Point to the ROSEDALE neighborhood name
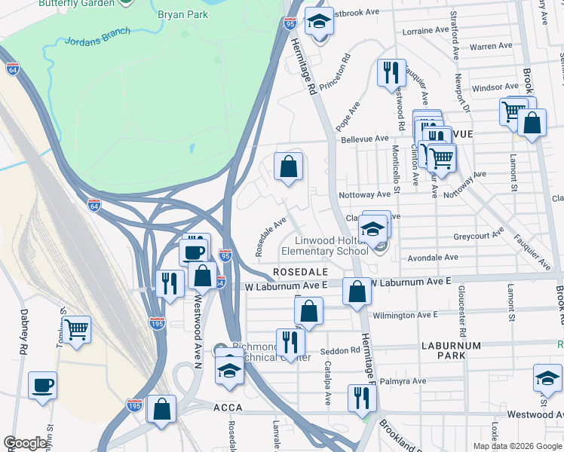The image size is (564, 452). (300, 271)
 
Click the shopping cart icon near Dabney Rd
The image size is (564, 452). (76, 328)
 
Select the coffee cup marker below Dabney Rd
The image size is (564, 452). (42, 386)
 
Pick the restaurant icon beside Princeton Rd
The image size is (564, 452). (391, 72)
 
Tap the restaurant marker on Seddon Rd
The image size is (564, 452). (290, 341)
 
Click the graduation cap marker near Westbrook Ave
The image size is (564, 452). (319, 22)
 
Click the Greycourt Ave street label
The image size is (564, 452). (478, 235)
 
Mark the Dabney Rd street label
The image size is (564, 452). (23, 340)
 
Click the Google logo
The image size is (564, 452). (26, 443)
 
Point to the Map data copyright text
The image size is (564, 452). (517, 446)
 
